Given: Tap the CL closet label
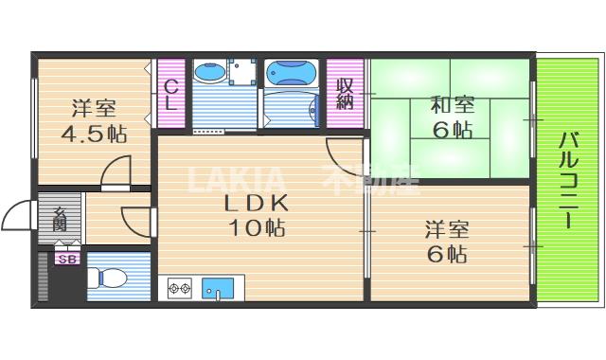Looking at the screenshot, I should point(171,95).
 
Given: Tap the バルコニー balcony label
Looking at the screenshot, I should point(568,180).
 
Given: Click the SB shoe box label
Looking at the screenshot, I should point(66,259).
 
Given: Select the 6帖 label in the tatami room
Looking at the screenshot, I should point(451,131).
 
